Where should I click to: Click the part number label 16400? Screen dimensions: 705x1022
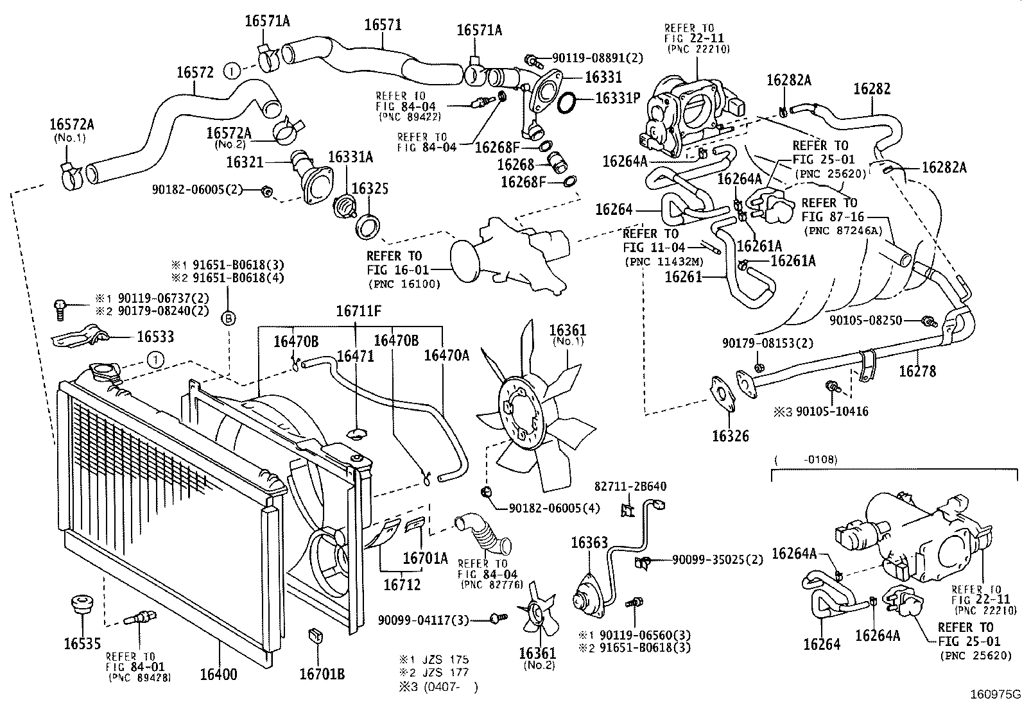(x=218, y=674)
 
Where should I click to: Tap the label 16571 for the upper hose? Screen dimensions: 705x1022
(x=383, y=25)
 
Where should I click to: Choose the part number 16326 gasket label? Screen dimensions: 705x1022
(x=730, y=436)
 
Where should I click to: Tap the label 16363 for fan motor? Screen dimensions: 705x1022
(x=589, y=543)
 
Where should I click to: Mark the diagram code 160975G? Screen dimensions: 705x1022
(x=994, y=694)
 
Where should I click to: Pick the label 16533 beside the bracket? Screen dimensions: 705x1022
(x=155, y=337)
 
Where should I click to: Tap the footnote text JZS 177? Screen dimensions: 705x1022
(x=441, y=673)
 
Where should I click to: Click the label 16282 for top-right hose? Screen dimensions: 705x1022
(x=872, y=89)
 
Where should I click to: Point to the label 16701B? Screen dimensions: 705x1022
(x=322, y=674)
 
